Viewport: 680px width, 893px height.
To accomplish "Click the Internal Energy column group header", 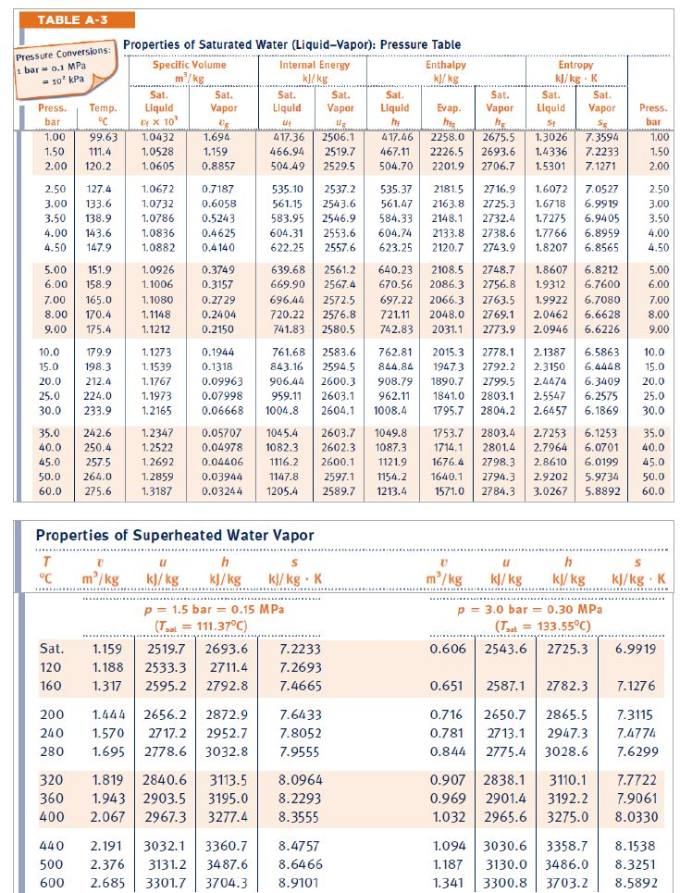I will click(315, 66).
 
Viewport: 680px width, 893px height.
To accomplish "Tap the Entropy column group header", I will click(575, 66).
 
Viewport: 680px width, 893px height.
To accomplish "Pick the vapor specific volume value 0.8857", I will click(219, 167).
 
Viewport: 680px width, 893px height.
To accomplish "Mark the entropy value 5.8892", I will click(606, 491).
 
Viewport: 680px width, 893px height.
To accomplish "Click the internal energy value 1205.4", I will click(282, 491).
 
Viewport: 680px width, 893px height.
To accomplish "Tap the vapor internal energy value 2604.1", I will click(339, 410).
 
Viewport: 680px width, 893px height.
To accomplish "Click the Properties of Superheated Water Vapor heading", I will click(174, 535).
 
